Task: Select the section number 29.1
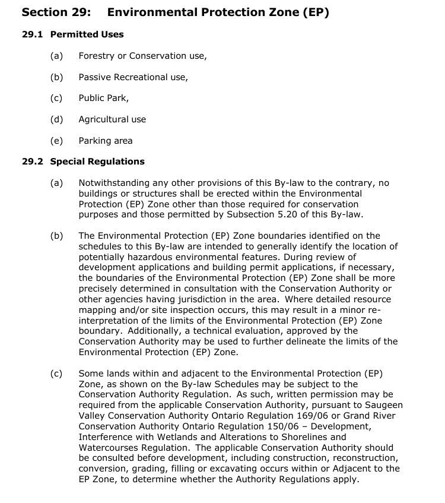pos(32,34)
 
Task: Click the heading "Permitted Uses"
pos(87,34)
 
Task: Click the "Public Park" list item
pos(103,98)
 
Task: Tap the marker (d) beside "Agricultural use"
pos(56,119)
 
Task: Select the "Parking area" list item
pos(105,141)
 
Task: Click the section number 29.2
pos(32,162)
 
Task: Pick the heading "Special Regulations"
pos(97,162)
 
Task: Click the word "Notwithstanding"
pos(114,183)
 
